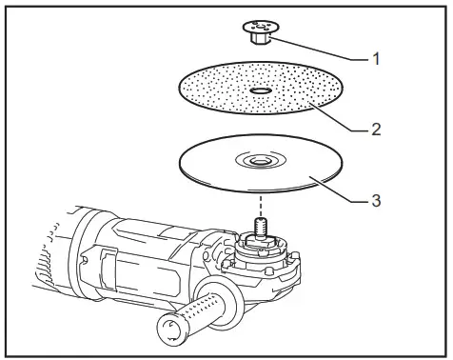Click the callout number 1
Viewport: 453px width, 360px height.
pos(376,58)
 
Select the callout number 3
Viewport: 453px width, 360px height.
pos(378,201)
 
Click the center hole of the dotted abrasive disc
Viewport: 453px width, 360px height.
pos(260,91)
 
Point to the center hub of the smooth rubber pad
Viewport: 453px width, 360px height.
pos(259,163)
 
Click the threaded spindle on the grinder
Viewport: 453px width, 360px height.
pos(260,233)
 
